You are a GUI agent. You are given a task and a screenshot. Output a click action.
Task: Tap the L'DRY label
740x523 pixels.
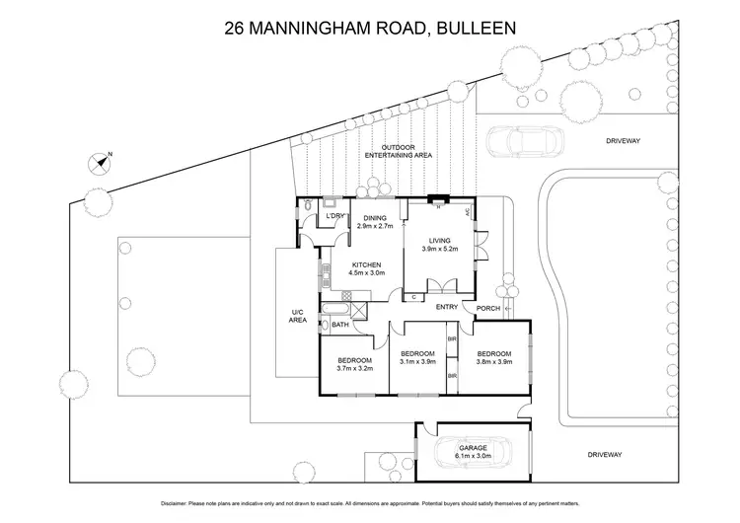335,216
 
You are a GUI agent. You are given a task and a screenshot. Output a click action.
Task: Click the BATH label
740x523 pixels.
340,325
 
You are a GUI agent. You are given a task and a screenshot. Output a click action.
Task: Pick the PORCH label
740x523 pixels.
487,308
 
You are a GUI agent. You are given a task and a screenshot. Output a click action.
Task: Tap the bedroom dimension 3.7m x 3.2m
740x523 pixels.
353,368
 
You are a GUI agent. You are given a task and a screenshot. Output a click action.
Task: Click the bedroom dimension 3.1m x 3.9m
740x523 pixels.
417,362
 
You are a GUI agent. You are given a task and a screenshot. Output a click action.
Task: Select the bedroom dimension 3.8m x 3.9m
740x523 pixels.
494,362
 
